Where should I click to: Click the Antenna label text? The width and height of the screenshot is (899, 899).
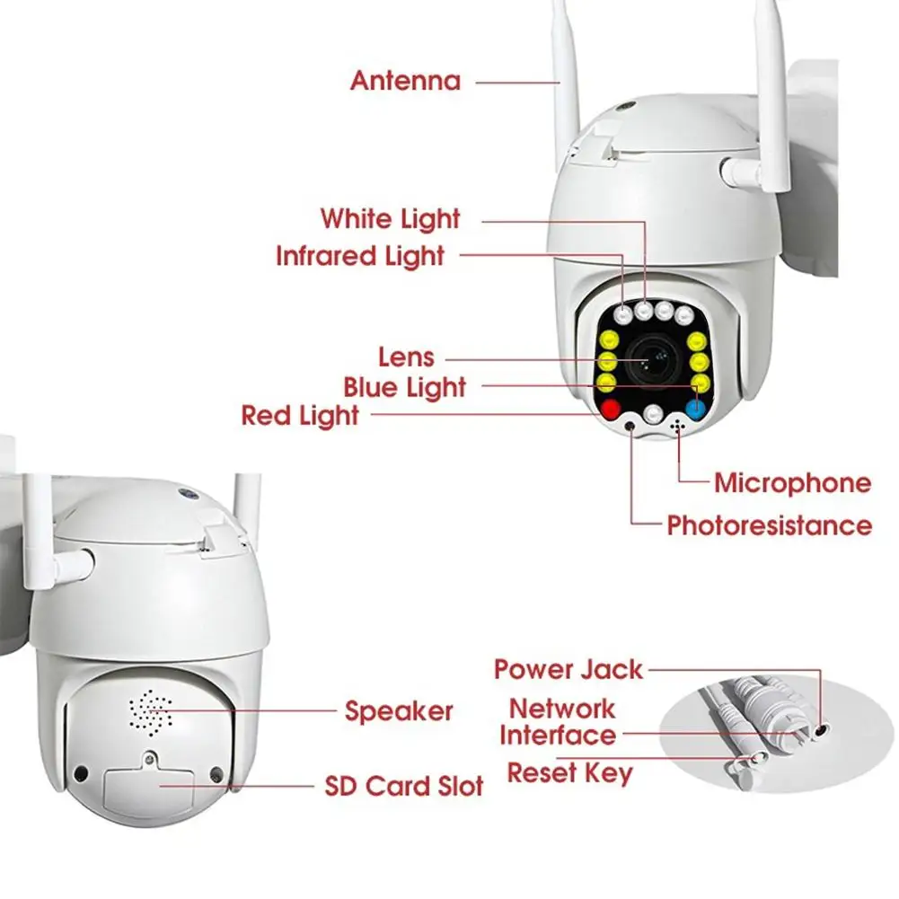405,81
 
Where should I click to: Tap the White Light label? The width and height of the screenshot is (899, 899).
390,218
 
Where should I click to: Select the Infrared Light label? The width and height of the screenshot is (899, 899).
360,256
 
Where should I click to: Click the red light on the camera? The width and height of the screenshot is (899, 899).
613,410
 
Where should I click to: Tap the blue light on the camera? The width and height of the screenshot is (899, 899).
695,410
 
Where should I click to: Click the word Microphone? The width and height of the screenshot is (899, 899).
792,483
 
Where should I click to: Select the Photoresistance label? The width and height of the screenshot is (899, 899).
769,525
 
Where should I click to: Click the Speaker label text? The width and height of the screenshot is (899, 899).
399,711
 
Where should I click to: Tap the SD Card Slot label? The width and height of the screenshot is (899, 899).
404,787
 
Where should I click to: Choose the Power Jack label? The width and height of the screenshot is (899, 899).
568,669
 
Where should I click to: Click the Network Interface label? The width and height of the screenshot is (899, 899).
558,722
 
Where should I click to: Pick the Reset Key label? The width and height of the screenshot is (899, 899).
569,772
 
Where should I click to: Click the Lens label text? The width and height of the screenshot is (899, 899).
406,357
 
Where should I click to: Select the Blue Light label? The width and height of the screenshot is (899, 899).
405,388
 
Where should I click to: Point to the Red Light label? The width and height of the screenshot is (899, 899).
300,416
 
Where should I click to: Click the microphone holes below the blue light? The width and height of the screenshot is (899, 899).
675,428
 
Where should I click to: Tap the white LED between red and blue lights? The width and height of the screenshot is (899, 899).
654,414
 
